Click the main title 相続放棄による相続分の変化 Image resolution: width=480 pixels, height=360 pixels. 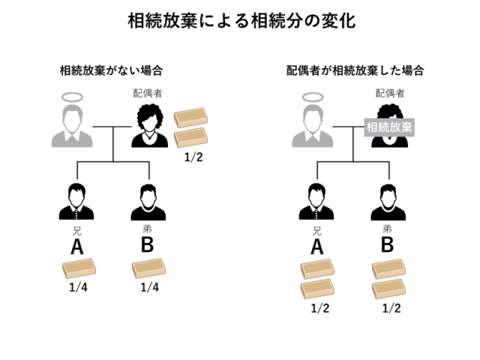240,20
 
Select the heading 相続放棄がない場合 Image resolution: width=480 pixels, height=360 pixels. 112,71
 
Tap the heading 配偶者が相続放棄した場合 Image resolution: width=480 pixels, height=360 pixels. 356,71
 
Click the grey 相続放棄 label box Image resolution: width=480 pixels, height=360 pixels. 389,127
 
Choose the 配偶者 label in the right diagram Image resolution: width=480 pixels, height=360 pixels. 390,94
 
